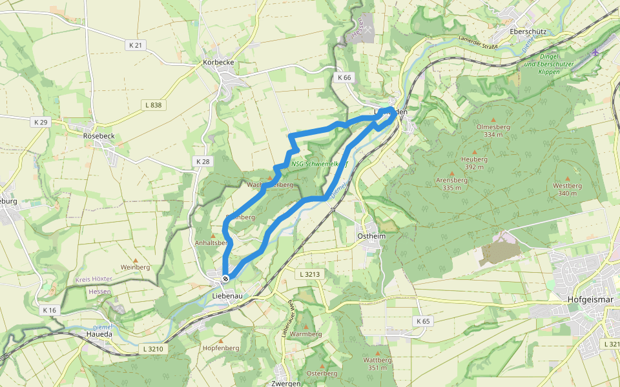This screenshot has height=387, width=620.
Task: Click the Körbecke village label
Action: point(218,63)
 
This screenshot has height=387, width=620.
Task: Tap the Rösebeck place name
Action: point(99,136)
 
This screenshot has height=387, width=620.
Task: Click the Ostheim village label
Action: point(371,237)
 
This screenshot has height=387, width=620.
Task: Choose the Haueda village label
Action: point(99,334)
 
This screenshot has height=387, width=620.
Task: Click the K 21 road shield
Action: point(136,45)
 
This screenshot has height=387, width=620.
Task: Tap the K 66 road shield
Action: point(344,77)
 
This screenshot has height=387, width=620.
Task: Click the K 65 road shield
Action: point(422,321)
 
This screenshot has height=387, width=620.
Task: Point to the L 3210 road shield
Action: point(152,349)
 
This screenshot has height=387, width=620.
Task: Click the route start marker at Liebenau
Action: point(225,278)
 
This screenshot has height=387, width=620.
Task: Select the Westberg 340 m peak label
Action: point(567,189)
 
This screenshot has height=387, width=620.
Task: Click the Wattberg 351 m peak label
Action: point(378,363)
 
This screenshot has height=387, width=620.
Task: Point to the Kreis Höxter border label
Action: point(94,279)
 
